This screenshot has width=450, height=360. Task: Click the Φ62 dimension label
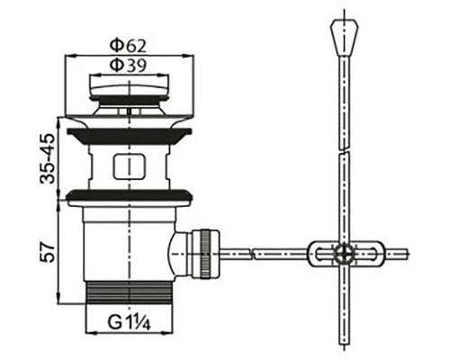[128, 46]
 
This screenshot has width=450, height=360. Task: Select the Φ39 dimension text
[128, 66]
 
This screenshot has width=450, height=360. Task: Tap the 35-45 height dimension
[48, 158]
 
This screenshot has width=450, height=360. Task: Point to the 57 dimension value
[48, 253]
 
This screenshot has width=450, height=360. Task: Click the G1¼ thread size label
[129, 323]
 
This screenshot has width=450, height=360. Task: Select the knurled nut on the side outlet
[206, 254]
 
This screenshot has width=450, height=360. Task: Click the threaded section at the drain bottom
[130, 292]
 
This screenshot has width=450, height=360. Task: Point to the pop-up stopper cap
[129, 86]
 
